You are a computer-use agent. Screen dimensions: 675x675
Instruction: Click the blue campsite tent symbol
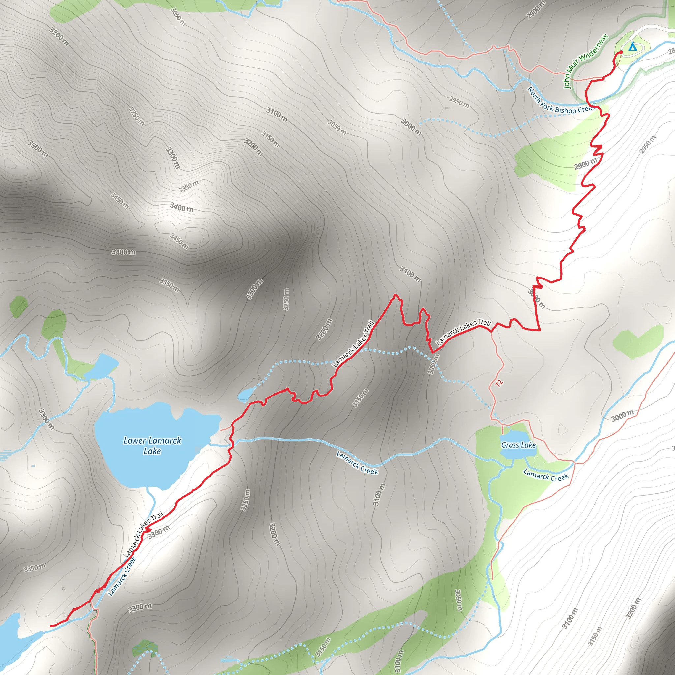coord(632,46)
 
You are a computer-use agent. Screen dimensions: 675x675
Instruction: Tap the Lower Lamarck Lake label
coord(152,446)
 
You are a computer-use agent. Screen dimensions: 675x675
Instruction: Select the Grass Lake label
coord(518,445)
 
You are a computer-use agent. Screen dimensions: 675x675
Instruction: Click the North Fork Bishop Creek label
coord(560,102)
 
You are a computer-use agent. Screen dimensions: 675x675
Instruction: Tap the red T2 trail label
coord(499,383)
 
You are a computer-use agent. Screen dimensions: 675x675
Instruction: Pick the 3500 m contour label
coord(38,149)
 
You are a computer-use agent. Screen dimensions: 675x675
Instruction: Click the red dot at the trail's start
coord(621,52)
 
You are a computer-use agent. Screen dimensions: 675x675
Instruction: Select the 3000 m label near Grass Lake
coord(622,416)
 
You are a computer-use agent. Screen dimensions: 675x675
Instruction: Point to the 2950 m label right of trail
coord(647,144)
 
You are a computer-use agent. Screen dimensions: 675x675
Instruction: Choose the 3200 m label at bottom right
coord(633,608)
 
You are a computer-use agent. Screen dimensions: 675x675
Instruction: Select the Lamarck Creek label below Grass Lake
coord(546,475)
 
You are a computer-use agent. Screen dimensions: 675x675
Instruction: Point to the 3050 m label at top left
coord(178,16)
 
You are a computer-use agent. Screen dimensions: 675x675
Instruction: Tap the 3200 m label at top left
coord(59,36)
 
